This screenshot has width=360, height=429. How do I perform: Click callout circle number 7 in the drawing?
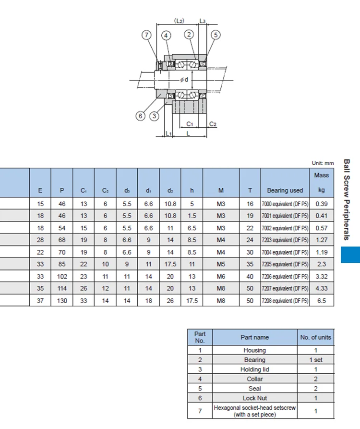tap(147, 35)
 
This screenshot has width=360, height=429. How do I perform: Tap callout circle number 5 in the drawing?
tap(216, 35)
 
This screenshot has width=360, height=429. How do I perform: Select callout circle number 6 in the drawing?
tap(141, 116)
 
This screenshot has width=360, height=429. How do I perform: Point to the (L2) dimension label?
tap(179, 21)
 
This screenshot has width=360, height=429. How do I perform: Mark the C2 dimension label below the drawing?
tap(213, 124)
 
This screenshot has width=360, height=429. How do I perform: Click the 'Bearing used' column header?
tap(285, 190)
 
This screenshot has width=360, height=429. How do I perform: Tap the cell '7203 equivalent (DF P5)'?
tap(285, 240)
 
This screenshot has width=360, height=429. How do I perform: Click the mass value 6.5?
tap(321, 301)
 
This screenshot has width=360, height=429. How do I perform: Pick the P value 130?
tap(62, 301)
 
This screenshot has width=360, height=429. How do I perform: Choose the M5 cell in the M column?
tap(221, 264)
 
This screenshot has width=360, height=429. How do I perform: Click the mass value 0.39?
tap(321, 204)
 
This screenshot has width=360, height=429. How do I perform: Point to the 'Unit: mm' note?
tap(322, 163)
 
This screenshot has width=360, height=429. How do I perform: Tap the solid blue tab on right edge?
tap(350, 254)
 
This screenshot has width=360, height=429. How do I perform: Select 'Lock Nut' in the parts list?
tap(254, 398)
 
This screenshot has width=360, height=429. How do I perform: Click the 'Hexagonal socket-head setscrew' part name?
tap(254, 410)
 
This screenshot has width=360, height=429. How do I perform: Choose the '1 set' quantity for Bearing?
tap(315, 360)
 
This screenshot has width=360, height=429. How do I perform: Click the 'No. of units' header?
tap(315, 337)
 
